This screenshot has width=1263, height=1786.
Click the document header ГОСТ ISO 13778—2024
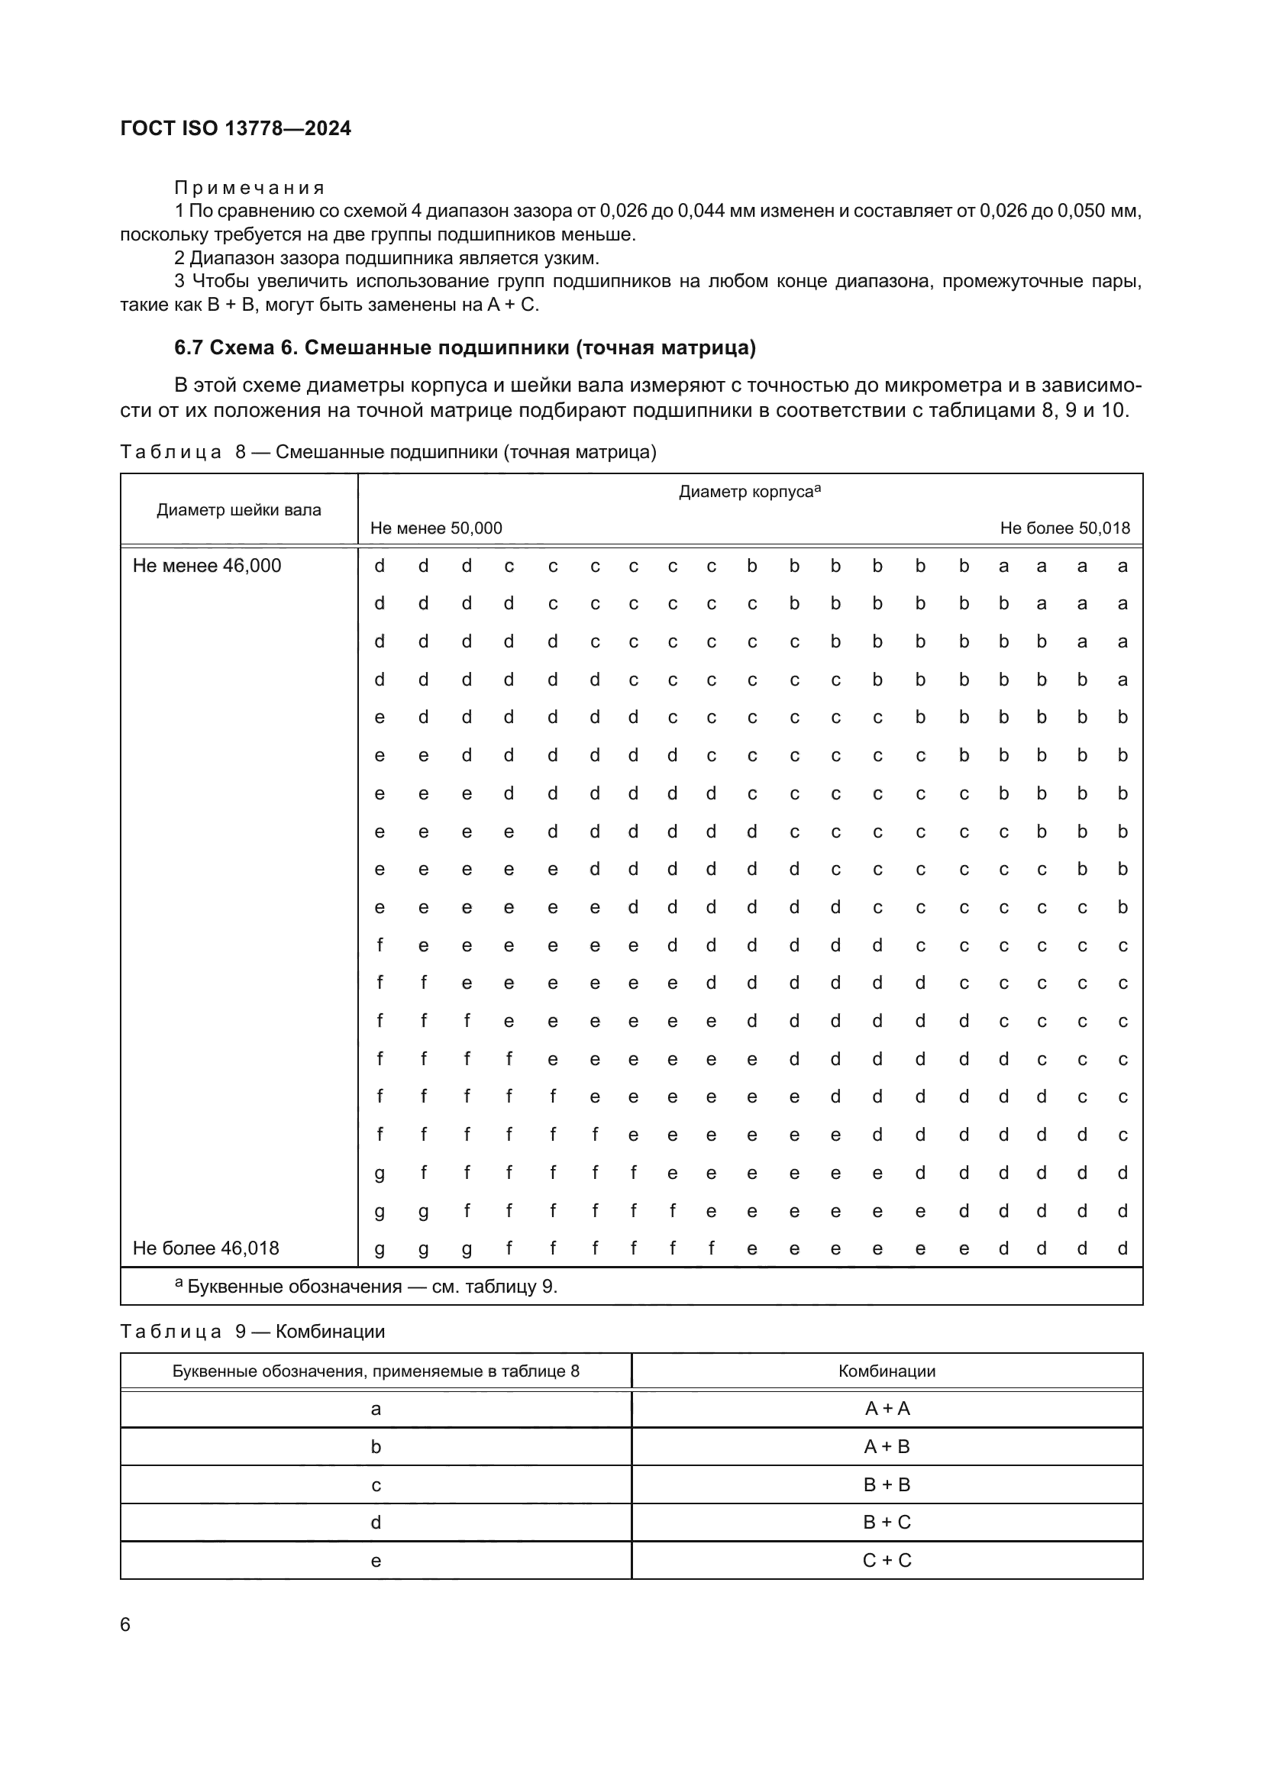point(236,128)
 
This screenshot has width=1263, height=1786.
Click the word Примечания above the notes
point(249,188)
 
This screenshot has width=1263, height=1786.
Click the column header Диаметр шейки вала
point(239,510)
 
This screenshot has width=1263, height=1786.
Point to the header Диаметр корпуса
point(749,492)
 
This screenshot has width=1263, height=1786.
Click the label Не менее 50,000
point(436,528)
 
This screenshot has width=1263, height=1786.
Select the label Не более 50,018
point(1064,528)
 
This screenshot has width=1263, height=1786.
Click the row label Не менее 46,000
point(207,566)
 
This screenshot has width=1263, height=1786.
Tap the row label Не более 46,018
point(206,1248)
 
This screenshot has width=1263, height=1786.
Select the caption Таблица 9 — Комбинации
point(252,1331)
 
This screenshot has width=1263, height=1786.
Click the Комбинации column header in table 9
point(887,1371)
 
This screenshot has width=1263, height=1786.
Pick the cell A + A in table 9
point(887,1408)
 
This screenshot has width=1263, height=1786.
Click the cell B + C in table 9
point(887,1522)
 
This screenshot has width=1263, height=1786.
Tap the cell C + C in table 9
point(887,1560)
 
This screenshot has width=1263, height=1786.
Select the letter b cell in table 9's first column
point(376,1446)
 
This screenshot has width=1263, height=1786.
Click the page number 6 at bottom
point(125,1624)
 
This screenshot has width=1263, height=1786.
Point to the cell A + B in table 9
point(887,1446)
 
